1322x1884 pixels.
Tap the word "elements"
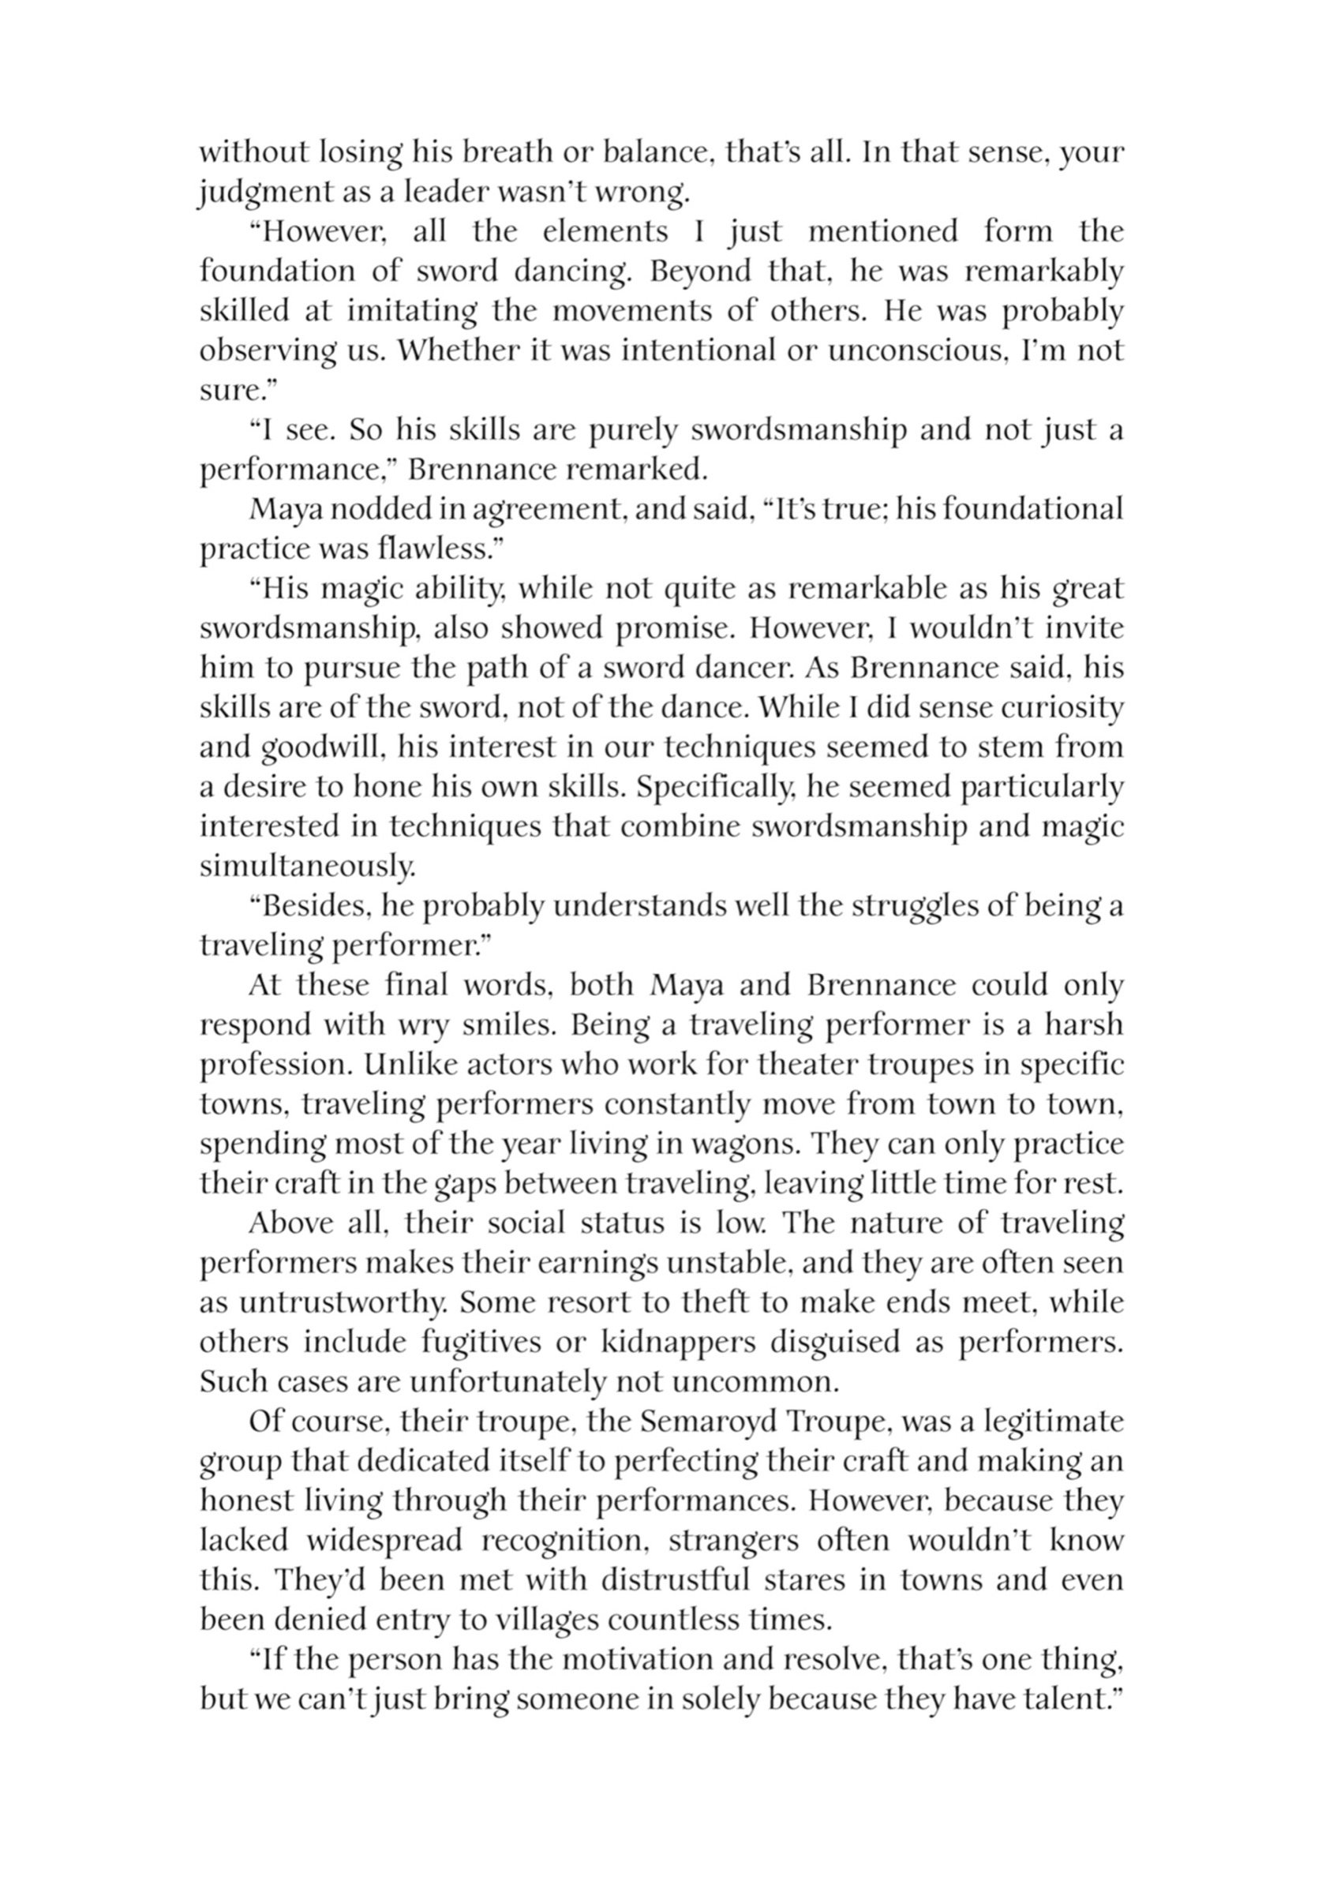tap(605, 232)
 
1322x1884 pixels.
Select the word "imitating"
tap(411, 312)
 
